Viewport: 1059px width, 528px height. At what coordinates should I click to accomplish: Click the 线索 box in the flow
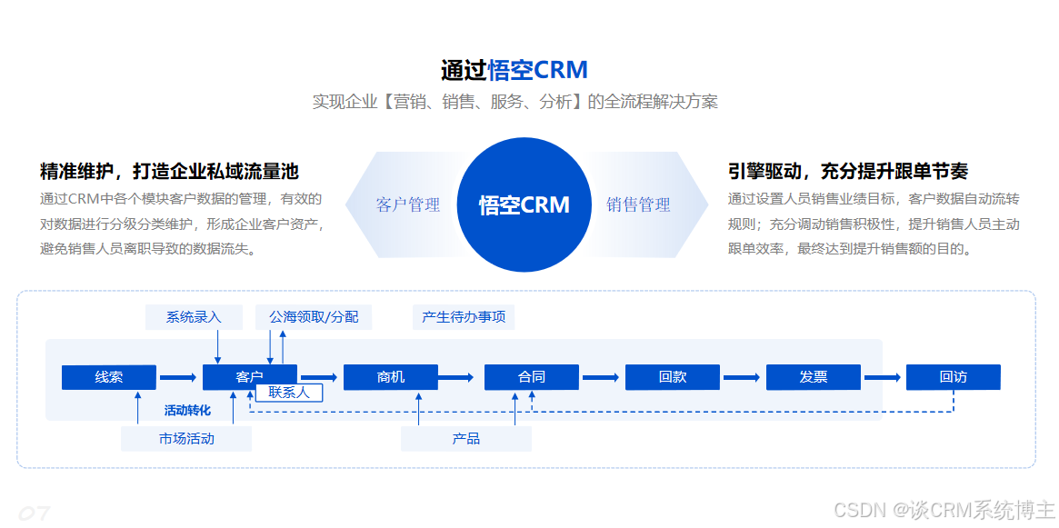(x=108, y=377)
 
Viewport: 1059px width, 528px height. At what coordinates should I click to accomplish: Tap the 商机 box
(x=390, y=377)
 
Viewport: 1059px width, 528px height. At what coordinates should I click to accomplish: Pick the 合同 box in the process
(x=531, y=377)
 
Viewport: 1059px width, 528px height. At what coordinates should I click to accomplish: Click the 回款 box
(x=672, y=377)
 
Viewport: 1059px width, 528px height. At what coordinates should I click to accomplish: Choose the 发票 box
(x=813, y=377)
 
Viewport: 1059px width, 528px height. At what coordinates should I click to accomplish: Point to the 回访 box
(x=953, y=377)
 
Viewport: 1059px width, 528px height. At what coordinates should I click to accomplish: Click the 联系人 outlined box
(x=289, y=393)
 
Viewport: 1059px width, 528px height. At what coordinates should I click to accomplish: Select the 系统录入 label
(x=194, y=317)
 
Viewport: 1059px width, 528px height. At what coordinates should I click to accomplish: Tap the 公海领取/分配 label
(x=314, y=317)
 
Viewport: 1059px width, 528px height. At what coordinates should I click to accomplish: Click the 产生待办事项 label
(x=464, y=317)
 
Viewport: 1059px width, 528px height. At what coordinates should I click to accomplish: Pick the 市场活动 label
(x=186, y=439)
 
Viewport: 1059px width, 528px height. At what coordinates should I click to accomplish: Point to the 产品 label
(x=466, y=439)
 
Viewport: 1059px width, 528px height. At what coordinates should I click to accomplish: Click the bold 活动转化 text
(x=187, y=410)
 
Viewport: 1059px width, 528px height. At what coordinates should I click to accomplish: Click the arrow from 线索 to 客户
(x=178, y=377)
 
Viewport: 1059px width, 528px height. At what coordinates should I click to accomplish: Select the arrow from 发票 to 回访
(x=883, y=377)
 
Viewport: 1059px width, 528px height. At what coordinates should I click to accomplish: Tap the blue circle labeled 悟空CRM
(x=524, y=204)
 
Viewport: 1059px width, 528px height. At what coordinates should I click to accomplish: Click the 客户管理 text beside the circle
(x=408, y=204)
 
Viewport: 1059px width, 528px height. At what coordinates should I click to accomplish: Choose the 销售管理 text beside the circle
(x=638, y=204)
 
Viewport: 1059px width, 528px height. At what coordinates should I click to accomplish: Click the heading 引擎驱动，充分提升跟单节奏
(x=847, y=171)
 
